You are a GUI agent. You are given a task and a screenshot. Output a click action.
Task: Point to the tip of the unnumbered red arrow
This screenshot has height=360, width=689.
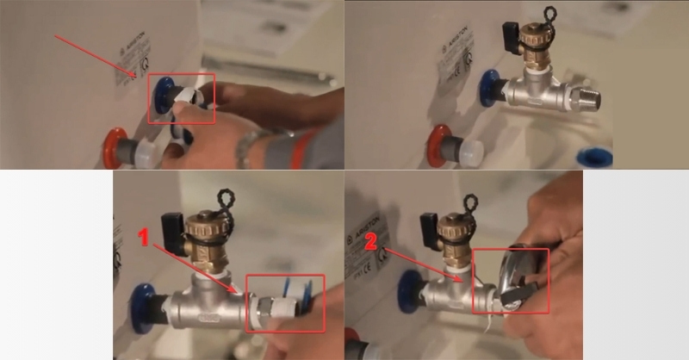coord(135,78)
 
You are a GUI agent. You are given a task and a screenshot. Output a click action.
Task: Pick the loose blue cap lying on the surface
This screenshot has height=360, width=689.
coord(594,157)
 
